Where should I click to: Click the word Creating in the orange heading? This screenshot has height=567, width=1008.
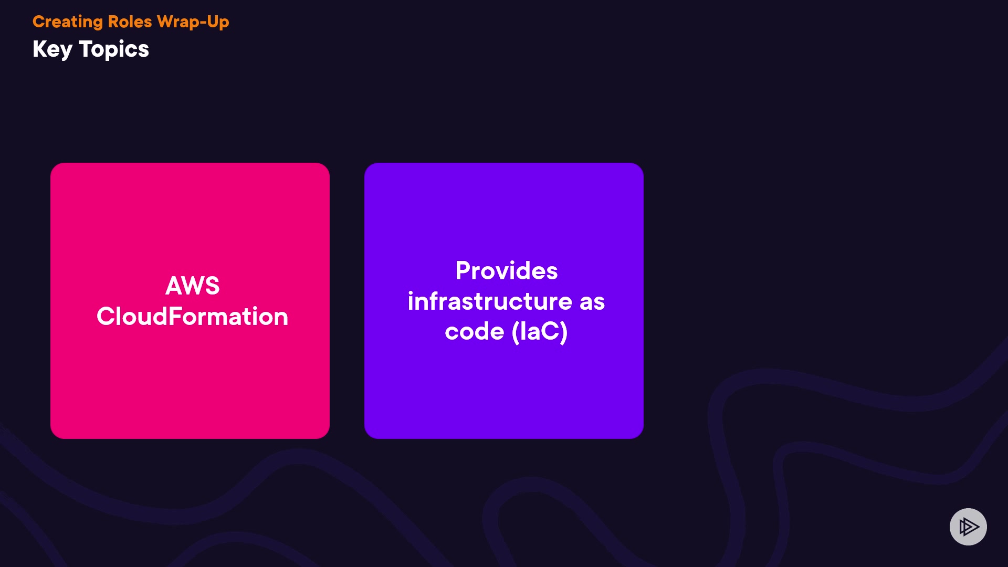point(67,22)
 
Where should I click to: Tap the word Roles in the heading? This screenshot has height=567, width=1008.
point(130,22)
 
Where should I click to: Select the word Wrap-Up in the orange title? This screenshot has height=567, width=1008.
point(193,22)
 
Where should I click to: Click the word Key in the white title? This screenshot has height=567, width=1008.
point(52,50)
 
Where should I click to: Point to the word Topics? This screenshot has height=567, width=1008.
point(114,50)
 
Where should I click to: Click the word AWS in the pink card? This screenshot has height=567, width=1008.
point(192,286)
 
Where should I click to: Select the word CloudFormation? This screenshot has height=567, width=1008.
point(192,317)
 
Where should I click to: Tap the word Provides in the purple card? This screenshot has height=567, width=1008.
point(506,271)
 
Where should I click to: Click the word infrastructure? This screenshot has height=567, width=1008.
point(490,301)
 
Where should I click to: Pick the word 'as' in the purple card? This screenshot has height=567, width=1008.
point(592,301)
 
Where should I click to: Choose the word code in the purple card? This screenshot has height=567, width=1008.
point(474,332)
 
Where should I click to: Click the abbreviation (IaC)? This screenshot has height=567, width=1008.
point(540,332)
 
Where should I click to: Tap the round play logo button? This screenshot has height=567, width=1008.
point(968,527)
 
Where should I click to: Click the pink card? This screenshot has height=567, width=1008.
point(190,378)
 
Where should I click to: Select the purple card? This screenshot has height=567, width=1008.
point(504,388)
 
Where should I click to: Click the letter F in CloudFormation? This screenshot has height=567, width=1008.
point(174,317)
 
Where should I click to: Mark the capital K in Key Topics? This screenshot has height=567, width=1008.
point(39,49)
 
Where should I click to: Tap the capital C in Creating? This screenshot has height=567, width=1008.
point(38,22)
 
